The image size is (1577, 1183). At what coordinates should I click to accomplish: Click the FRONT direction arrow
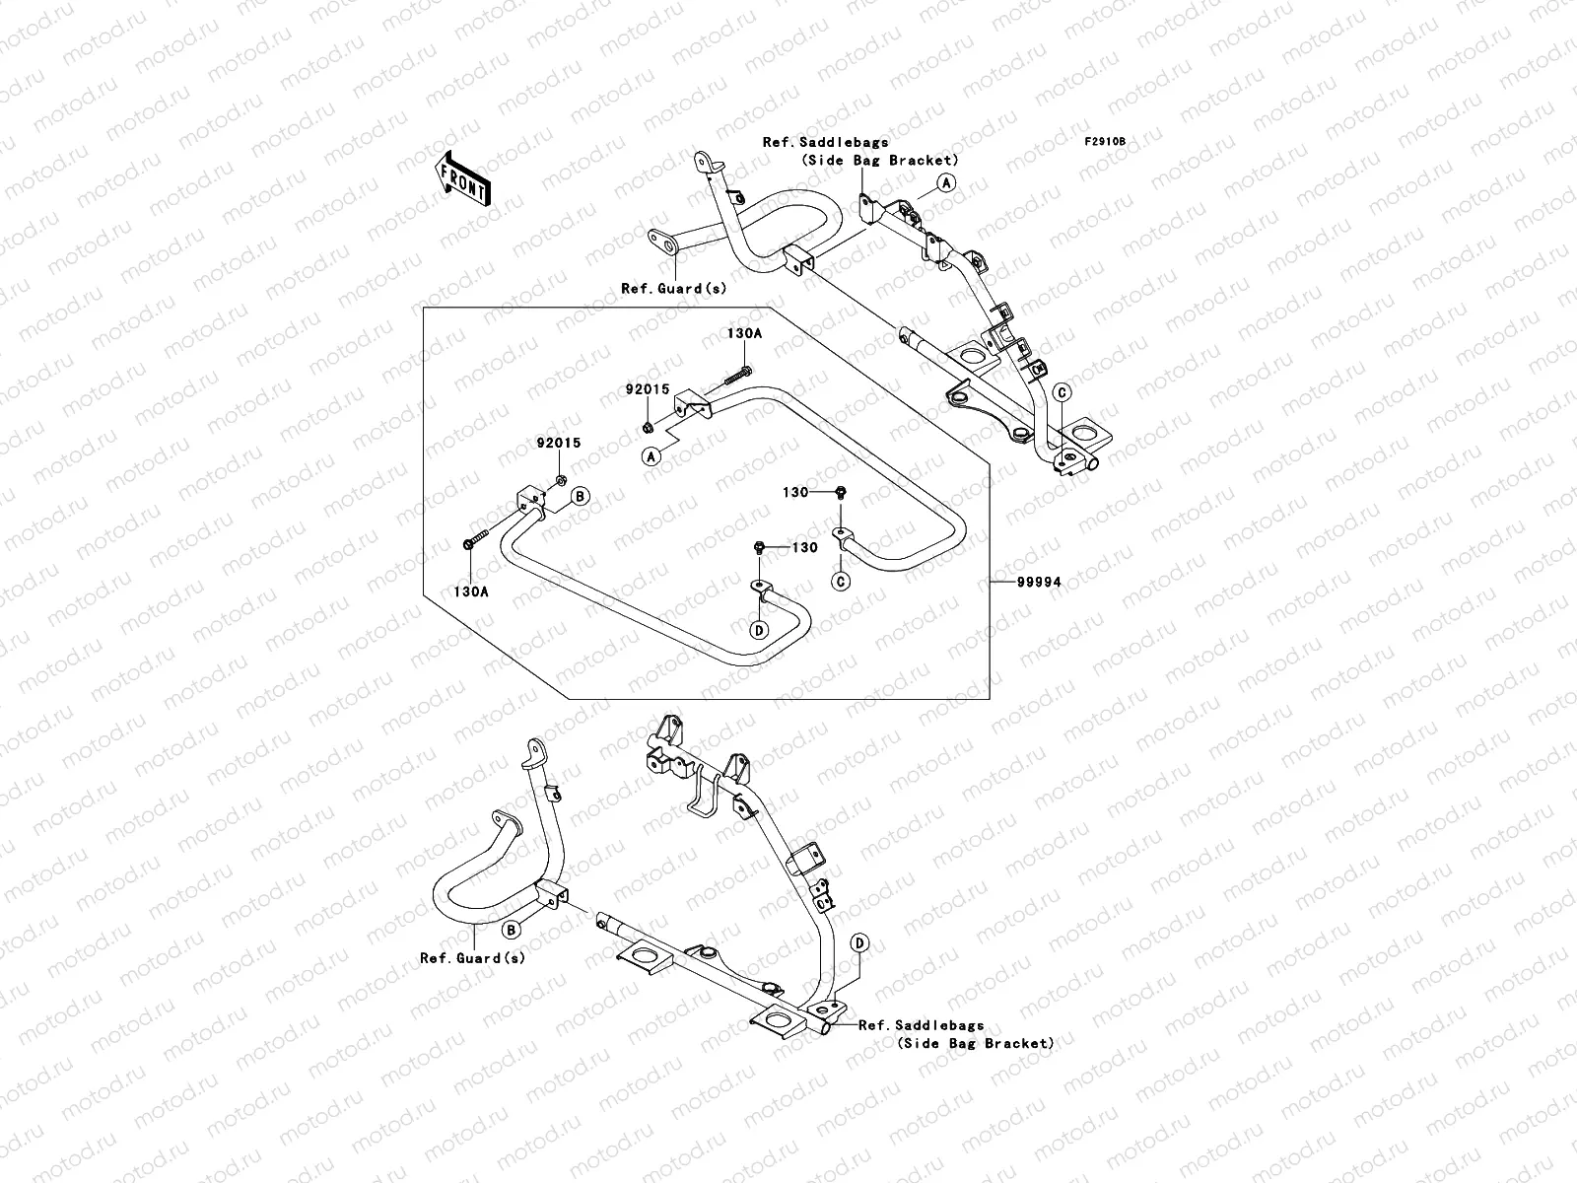point(464,176)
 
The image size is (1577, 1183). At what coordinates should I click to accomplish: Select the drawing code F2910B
point(1105,142)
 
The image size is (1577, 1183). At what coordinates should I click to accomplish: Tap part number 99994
point(1040,583)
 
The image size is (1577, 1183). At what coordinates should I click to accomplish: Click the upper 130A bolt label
point(744,334)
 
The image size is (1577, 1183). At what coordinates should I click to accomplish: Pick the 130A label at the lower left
point(470,591)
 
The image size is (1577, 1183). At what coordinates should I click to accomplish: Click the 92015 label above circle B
point(558,444)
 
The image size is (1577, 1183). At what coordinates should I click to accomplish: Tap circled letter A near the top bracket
point(945,182)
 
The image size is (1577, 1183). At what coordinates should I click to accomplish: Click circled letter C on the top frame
point(1062,392)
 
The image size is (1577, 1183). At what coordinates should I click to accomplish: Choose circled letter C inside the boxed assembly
point(842,582)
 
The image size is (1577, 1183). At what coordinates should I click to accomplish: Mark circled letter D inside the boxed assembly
point(760,629)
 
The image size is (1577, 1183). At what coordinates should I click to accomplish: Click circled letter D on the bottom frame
point(859,943)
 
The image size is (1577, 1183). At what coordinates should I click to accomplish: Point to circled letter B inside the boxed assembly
point(581,496)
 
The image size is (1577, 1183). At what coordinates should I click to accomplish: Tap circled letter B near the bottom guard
point(512,929)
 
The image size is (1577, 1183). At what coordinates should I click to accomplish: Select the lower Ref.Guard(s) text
point(472,957)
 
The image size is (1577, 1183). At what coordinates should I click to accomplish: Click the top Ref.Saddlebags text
point(825,142)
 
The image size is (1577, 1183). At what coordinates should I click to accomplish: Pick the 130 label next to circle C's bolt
point(795,492)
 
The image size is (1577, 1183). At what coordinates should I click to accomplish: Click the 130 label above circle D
point(805,547)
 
